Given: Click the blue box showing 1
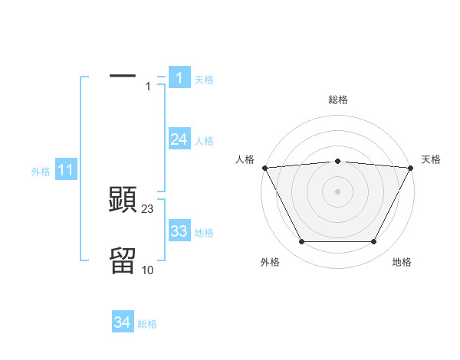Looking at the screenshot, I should coord(179,78).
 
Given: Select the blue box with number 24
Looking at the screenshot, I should coord(179,139).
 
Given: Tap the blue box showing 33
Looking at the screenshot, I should coord(179,231).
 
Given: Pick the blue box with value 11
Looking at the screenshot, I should coord(65,171).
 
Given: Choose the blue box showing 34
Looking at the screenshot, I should coord(122,322).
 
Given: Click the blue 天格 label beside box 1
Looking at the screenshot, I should coord(204,79).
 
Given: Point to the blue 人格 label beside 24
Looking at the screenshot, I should coord(204,140).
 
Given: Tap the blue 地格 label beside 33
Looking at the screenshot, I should coord(204,232).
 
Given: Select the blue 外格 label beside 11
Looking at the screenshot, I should coord(41,172).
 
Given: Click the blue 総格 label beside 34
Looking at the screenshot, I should coord(147,324).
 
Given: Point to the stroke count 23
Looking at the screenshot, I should coord(148,208).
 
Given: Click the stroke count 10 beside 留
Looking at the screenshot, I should coord(148,270).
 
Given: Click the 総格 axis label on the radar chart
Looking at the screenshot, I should coord(338,99).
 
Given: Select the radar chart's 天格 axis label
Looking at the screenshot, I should coord(431,159).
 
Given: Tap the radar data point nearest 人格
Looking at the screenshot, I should coord(264,167).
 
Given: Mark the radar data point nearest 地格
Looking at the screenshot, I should coord(374,242).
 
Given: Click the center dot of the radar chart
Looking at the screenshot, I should coord(338,191).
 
